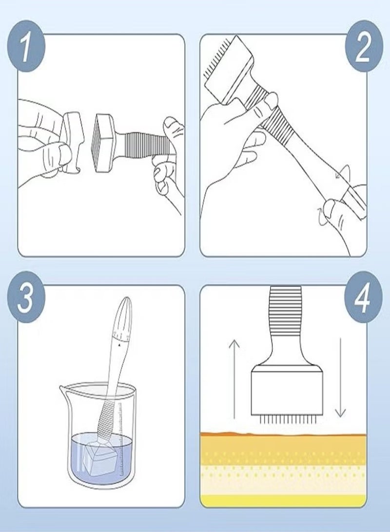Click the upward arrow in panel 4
click(x=234, y=379)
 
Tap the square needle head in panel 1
click(x=106, y=143)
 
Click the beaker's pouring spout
click(x=63, y=388)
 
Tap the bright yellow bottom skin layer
click(x=283, y=500)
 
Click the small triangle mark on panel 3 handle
click(x=119, y=345)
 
